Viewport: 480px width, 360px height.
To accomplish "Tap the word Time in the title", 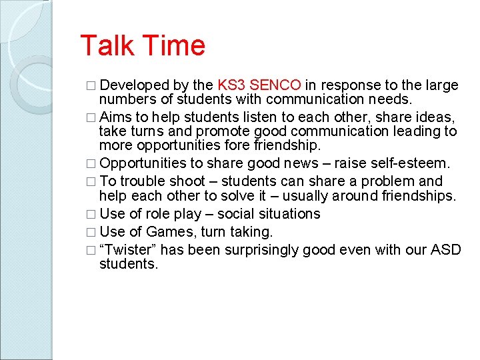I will (173, 46).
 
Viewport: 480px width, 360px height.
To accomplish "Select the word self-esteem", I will (413, 163).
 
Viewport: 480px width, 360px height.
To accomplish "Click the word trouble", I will (143, 181).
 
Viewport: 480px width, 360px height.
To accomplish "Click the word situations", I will (287, 214).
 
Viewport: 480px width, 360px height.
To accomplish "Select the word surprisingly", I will (259, 250).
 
